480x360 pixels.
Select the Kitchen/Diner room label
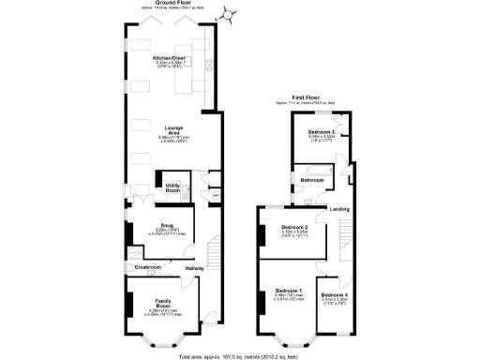pyautogui.click(x=172, y=58)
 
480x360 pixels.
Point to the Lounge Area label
pyautogui.click(x=172, y=127)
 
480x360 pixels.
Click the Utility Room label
pyautogui.click(x=172, y=188)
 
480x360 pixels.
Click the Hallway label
pyautogui.click(x=194, y=269)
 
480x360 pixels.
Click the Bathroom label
pyautogui.click(x=311, y=179)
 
